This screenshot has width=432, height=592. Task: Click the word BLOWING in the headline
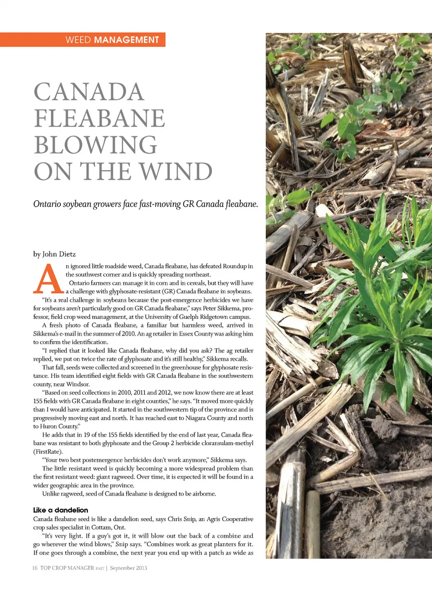[95, 145]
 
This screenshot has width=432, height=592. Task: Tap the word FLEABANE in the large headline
[99, 118]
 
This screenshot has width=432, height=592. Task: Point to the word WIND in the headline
[175, 172]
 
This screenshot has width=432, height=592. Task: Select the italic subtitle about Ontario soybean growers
[145, 204]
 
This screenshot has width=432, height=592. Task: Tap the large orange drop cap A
[48, 279]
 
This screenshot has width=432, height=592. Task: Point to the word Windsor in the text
[78, 384]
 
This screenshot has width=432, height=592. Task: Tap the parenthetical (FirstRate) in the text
[48, 451]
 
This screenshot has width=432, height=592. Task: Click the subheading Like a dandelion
[60, 510]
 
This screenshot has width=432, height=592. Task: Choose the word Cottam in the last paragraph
[101, 528]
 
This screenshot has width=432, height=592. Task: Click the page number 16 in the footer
[35, 568]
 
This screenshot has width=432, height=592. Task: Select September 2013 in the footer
[128, 568]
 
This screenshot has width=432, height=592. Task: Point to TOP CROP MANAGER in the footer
[67, 568]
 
